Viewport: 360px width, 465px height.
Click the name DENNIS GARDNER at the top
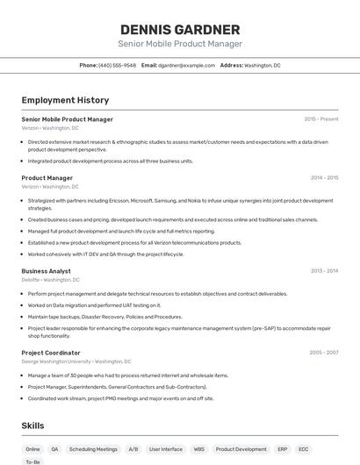click(x=180, y=29)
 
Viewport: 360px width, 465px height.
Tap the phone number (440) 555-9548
click(x=117, y=65)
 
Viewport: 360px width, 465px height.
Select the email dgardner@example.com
click(x=186, y=65)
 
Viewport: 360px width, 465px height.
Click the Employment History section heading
click(x=65, y=100)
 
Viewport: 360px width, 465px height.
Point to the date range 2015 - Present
click(x=321, y=118)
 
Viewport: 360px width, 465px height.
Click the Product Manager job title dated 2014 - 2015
click(x=47, y=178)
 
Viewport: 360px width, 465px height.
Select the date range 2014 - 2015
click(x=324, y=178)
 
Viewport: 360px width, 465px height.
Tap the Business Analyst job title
click(x=47, y=271)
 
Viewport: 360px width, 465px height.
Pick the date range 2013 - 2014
click(x=324, y=271)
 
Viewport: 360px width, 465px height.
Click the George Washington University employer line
click(x=76, y=361)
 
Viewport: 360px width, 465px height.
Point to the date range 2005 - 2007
click(x=324, y=353)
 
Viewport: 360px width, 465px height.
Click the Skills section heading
click(x=33, y=426)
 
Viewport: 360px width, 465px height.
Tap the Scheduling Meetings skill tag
click(x=93, y=449)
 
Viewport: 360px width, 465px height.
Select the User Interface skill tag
click(x=166, y=449)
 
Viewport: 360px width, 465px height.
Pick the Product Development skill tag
click(x=241, y=449)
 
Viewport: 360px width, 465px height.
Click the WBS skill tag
click(x=199, y=449)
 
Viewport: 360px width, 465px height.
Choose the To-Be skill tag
click(x=33, y=461)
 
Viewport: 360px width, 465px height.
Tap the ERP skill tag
click(x=283, y=449)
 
